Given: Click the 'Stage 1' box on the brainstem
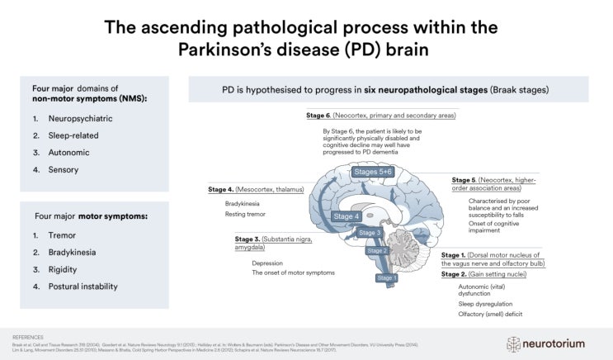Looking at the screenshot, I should [387, 278].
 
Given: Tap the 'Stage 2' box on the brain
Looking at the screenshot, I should [376, 251].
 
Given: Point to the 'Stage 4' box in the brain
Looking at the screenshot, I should [347, 216].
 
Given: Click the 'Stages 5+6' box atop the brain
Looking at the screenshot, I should [374, 173].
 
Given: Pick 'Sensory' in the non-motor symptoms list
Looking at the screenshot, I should [63, 170].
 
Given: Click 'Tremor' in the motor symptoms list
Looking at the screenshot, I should [62, 234].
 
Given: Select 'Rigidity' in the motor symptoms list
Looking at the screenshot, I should [62, 270].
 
